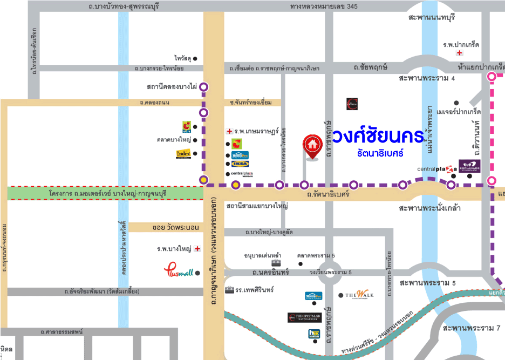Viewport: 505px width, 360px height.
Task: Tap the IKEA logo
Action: coord(240,164)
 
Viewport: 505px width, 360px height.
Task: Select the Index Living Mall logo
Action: coord(183,154)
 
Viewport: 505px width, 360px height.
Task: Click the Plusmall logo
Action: coord(178,271)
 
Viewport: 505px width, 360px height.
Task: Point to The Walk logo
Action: coord(360,295)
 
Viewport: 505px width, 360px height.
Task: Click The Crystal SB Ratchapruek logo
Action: coord(305,318)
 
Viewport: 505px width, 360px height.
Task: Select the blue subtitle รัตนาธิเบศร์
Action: coord(379,153)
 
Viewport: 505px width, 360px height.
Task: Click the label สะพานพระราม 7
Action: coord(472,328)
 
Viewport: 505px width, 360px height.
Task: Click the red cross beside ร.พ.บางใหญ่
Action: coord(197,249)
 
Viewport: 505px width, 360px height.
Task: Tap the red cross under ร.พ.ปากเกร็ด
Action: coord(459,53)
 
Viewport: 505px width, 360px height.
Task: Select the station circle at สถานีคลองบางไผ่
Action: coord(204,86)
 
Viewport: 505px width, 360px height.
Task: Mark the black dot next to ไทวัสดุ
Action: coord(195,58)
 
